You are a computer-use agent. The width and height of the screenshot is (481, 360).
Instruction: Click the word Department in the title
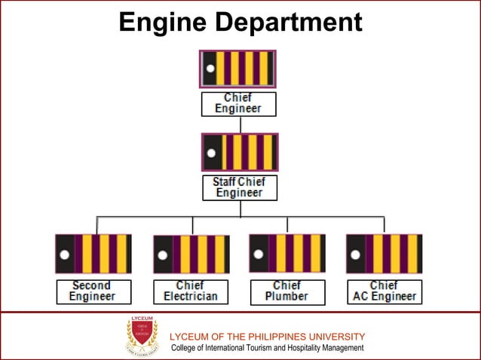coord(288,23)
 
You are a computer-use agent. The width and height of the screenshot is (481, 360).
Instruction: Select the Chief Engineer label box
coord(238,103)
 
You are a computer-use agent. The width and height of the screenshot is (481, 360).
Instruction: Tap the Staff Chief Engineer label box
coord(239,188)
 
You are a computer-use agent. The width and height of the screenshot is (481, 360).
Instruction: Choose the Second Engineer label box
coord(93,291)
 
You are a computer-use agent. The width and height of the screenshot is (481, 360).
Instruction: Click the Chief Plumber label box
coord(286,291)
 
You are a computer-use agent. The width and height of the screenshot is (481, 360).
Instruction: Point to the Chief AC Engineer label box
coord(384,291)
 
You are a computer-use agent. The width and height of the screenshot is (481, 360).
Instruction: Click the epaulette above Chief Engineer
coord(237,69)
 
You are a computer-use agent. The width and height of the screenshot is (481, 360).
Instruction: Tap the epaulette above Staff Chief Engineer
coord(240,152)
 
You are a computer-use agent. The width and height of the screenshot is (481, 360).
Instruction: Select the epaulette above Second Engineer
coord(93,253)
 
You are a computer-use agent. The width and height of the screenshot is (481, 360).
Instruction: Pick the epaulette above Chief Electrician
coord(191,254)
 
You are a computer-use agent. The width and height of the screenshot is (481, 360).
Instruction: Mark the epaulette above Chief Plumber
coord(287,253)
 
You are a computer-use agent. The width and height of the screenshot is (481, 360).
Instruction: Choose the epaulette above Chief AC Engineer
coord(384,253)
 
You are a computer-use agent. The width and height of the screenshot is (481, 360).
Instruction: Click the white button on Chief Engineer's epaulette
coord(210,69)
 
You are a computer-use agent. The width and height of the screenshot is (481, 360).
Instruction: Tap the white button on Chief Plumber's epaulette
coord(259,254)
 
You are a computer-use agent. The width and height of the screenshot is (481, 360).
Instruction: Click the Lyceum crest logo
coord(142,336)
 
